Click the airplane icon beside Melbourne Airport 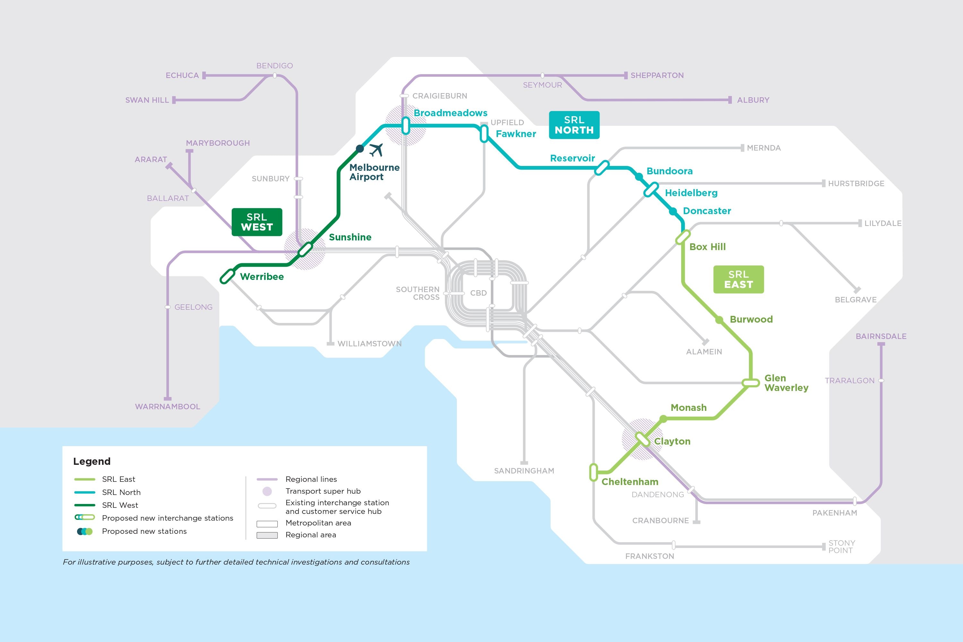376,150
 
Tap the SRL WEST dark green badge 257,222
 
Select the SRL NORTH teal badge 574,125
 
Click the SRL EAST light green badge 738,279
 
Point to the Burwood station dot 719,320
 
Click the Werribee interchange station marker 227,276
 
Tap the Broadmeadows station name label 450,113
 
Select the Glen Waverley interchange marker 750,383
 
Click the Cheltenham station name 630,481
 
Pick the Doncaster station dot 673,211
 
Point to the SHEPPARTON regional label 657,75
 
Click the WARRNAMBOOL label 168,407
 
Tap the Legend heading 92,462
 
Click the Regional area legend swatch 267,535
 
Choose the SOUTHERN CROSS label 418,293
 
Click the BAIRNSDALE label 881,336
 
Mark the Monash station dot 663,419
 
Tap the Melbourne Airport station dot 360,148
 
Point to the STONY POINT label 841,547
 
